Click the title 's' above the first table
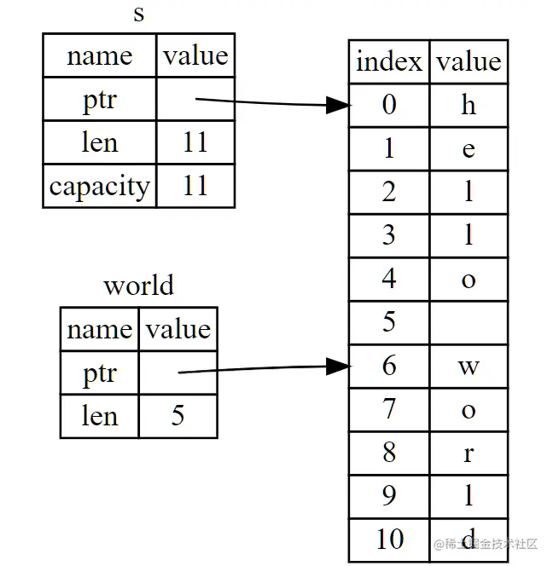tap(139, 14)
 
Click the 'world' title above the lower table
tap(139, 286)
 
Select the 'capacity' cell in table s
tap(100, 186)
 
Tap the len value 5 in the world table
tap(178, 416)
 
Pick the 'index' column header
tap(389, 61)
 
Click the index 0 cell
tap(389, 105)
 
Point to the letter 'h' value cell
tap(469, 105)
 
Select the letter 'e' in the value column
tap(469, 148)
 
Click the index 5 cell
tap(389, 322)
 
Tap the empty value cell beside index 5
tap(469, 322)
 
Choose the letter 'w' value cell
tap(469, 366)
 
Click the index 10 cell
tap(389, 540)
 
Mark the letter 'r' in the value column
tap(469, 453)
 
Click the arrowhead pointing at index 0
tap(339, 105)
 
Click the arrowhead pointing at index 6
tap(339, 367)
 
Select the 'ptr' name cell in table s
tap(100, 99)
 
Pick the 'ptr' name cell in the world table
tap(100, 373)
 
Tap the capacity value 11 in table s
tap(195, 186)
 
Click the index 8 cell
tap(389, 453)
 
